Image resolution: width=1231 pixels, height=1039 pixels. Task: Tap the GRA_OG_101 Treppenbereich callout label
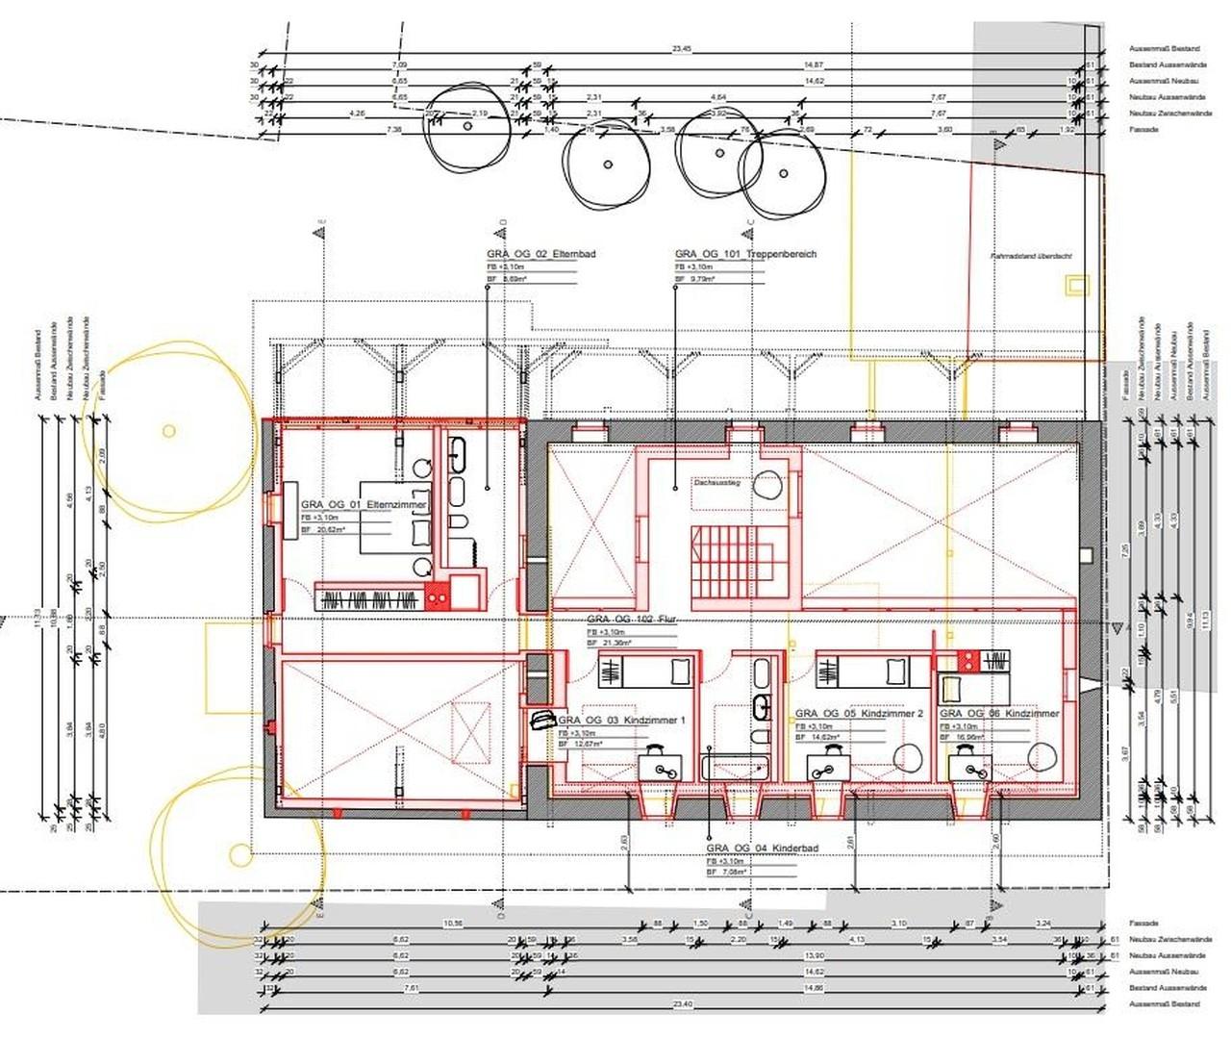(745, 254)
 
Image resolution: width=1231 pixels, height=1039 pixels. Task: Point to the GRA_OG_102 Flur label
(632, 620)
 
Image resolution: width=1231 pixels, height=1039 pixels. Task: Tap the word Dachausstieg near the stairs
(716, 486)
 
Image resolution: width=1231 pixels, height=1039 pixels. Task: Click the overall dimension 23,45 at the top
(681, 48)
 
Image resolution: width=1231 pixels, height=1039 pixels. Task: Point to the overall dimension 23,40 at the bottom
(682, 1004)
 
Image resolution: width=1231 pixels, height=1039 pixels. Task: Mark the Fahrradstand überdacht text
(1031, 256)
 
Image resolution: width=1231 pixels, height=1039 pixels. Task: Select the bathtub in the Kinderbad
(737, 768)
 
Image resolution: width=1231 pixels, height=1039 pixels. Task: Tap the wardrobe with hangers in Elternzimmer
(371, 600)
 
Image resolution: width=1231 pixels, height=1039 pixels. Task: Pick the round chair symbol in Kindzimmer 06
(1041, 756)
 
